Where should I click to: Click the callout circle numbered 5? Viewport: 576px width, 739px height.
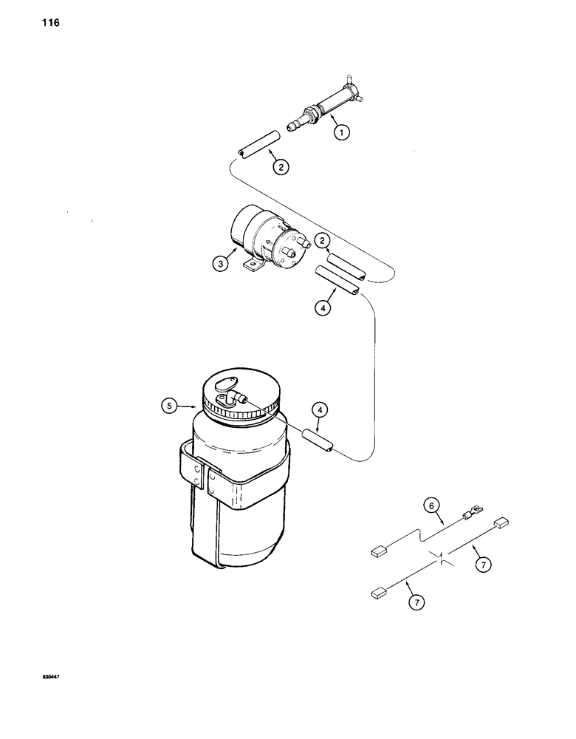pyautogui.click(x=171, y=405)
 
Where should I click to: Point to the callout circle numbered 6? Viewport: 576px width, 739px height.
pyautogui.click(x=431, y=506)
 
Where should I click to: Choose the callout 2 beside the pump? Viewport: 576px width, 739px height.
pyautogui.click(x=322, y=239)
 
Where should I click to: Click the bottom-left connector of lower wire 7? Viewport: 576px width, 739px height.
pyautogui.click(x=379, y=590)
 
